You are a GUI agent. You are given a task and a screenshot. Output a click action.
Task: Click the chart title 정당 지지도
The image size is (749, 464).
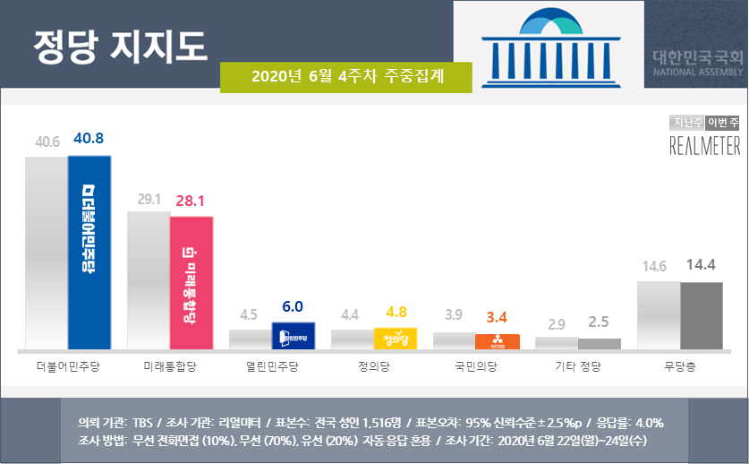[120, 43]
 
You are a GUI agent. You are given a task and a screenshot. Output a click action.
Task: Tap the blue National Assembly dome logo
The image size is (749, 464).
[549, 45]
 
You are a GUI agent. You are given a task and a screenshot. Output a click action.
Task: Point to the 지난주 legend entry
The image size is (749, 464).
[686, 123]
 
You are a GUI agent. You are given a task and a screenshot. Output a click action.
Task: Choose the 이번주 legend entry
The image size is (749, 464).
[722, 123]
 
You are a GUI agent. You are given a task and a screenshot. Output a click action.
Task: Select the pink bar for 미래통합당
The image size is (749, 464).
[192, 283]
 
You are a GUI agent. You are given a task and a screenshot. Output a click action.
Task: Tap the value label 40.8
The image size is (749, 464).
[90, 139]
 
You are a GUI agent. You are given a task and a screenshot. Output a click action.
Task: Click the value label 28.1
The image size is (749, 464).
[192, 202]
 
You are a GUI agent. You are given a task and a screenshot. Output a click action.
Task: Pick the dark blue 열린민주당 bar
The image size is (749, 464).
[293, 336]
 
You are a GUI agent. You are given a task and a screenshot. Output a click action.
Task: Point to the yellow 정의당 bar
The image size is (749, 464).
[395, 339]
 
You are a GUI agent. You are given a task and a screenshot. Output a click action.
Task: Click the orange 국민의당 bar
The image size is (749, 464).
[497, 341]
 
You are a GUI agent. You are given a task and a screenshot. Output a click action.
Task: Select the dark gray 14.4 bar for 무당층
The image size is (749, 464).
[701, 315]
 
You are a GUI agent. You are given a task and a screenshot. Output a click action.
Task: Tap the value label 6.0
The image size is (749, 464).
[293, 306]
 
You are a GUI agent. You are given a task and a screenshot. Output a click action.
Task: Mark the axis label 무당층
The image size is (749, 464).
[680, 366]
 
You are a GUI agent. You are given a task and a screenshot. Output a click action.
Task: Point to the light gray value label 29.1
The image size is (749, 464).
[149, 200]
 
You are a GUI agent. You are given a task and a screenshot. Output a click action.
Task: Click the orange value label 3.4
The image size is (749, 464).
[497, 316]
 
